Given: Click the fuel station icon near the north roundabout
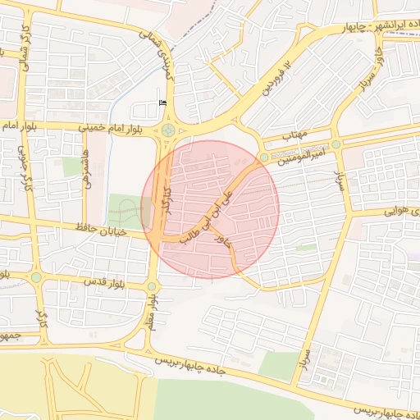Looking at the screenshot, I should click(x=162, y=103).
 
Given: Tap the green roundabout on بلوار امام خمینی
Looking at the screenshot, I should click(x=168, y=130).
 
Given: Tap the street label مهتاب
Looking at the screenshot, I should click(x=293, y=134).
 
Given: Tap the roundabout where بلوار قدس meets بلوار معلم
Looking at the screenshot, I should click(x=152, y=286).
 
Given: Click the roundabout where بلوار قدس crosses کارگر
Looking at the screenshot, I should click(x=36, y=278).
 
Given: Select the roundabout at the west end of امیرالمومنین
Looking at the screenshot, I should click(x=263, y=157).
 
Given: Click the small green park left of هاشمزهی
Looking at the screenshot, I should click(x=73, y=167).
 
